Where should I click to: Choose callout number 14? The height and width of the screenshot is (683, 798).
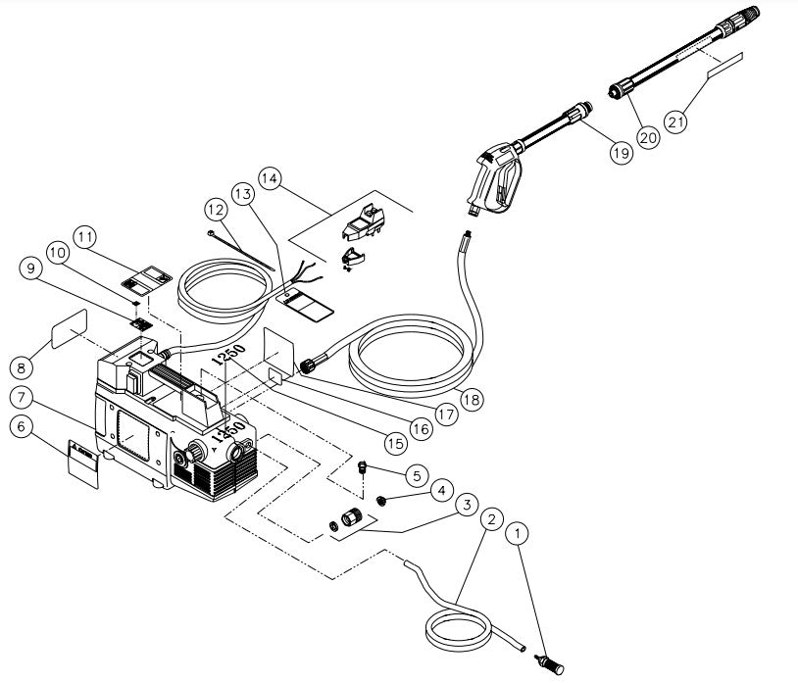point(270,179)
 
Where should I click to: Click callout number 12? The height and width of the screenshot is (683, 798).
point(216,208)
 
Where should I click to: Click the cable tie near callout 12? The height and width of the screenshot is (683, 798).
point(238,247)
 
